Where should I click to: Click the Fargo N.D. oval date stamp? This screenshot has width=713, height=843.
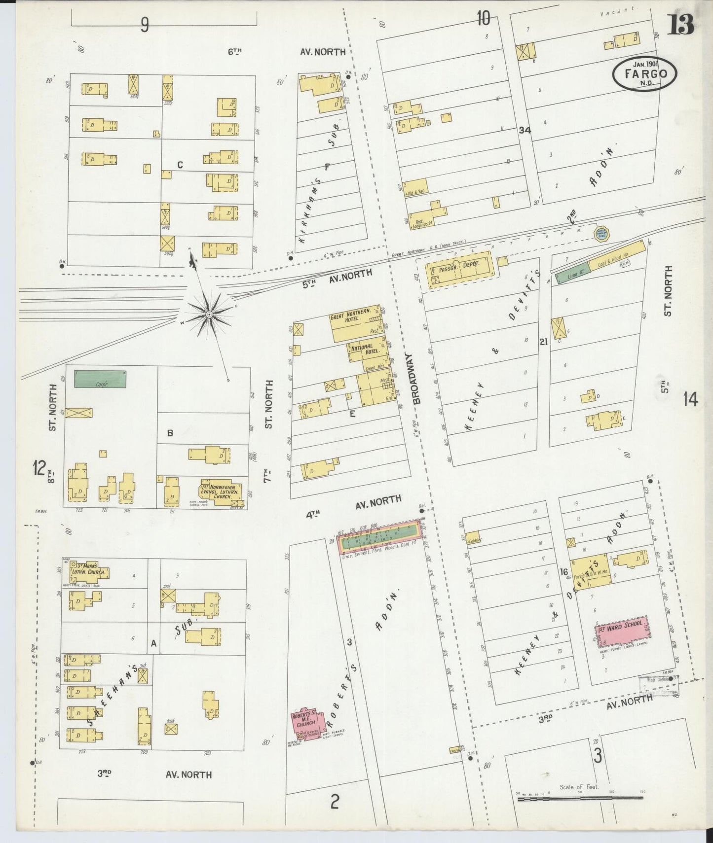645,74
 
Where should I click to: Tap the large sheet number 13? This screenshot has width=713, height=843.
681,24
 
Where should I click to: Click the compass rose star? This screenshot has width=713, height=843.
210,314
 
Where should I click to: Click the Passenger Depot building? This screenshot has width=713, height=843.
460,270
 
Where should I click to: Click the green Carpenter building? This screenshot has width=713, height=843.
100,379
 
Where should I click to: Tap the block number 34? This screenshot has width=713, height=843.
525,130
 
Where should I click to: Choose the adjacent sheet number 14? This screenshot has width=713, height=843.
690,400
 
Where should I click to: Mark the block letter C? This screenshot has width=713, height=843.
180,165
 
